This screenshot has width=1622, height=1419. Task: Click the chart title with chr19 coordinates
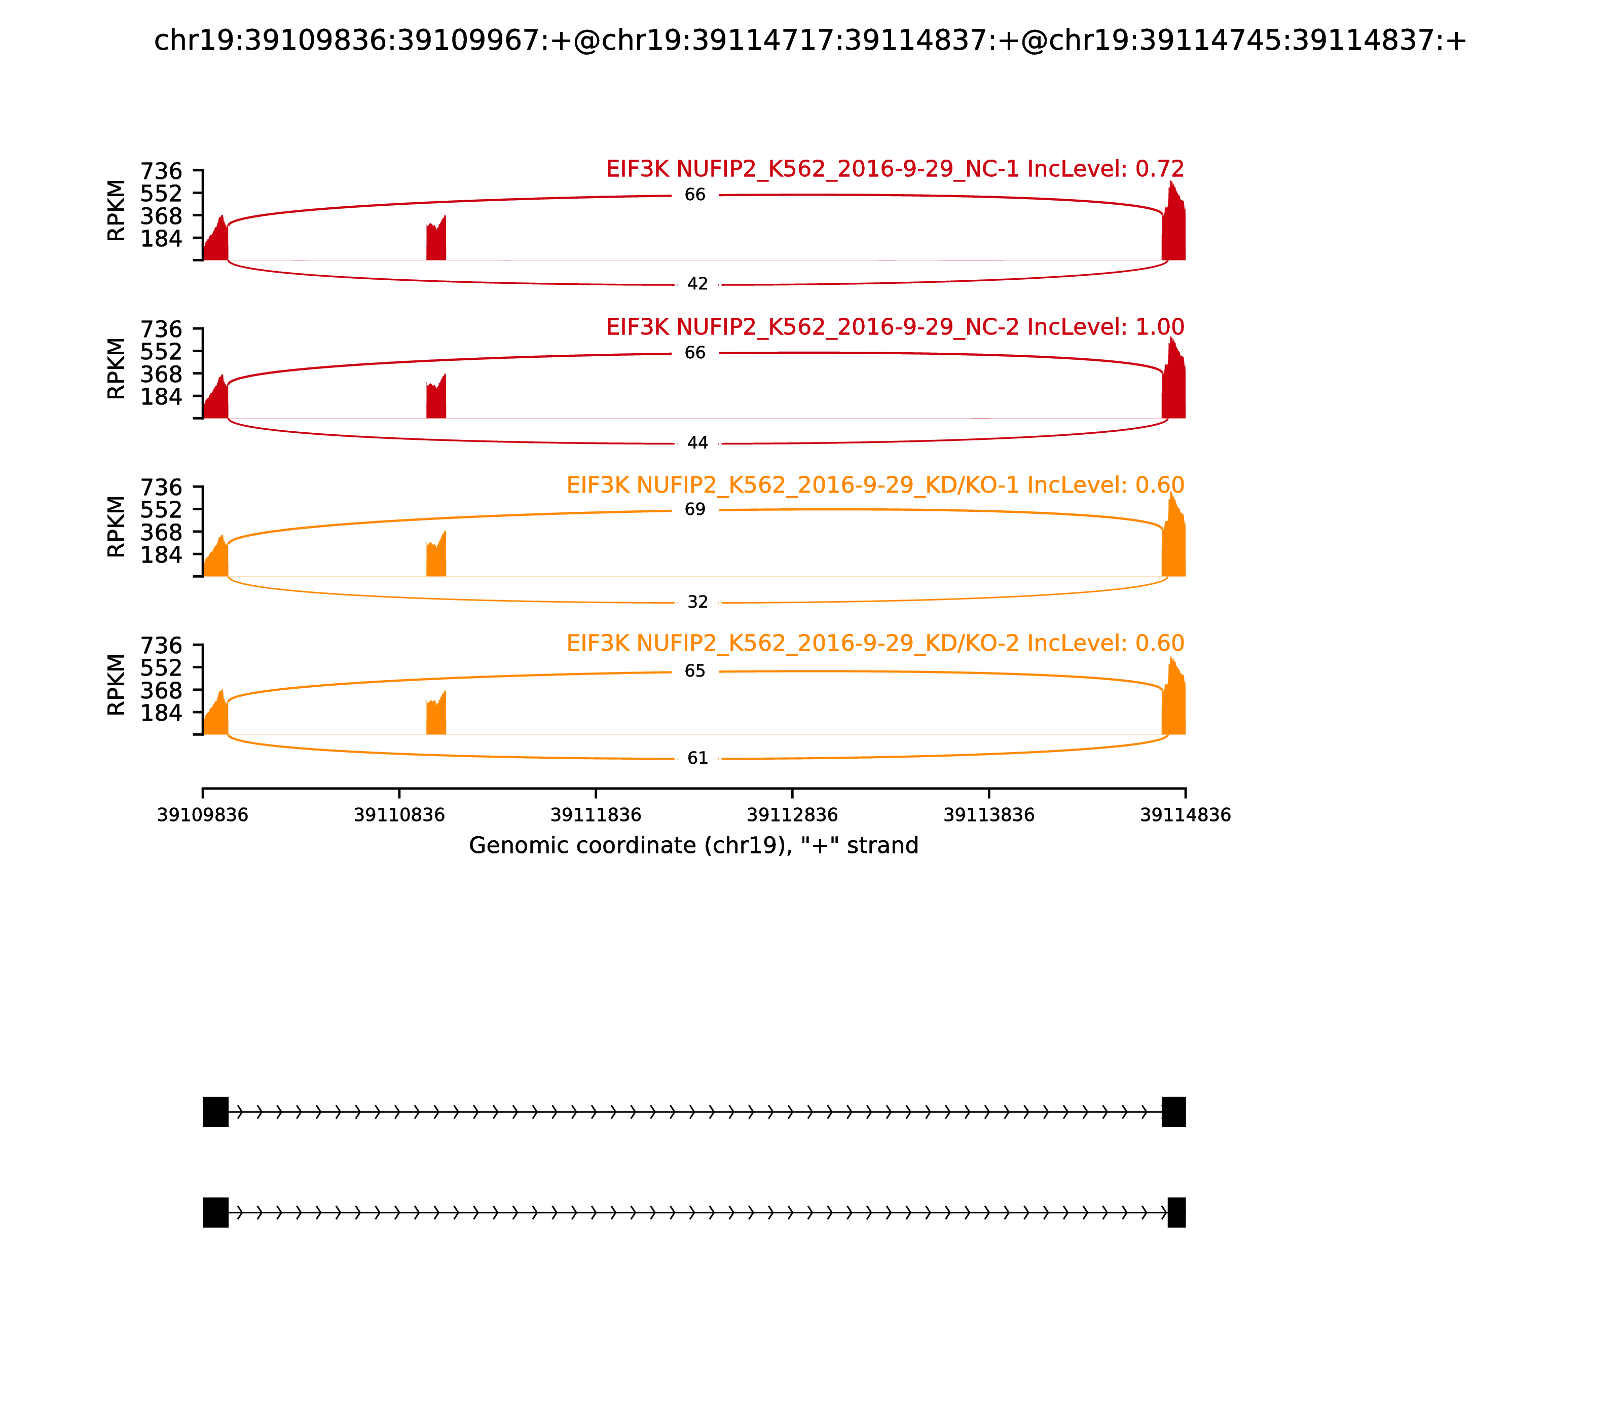[x=810, y=41]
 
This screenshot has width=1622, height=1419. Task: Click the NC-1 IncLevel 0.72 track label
[x=895, y=169]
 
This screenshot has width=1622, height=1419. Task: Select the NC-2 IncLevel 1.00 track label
[x=895, y=327]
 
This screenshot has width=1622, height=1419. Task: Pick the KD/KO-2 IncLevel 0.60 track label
[x=875, y=643]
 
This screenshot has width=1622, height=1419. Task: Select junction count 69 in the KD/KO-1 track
[x=694, y=510]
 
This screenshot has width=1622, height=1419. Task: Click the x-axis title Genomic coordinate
[x=694, y=846]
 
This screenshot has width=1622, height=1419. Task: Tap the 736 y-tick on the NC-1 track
[x=162, y=171]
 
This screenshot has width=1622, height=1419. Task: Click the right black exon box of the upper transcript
[x=1174, y=1112]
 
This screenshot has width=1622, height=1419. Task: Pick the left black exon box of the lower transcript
[x=215, y=1212]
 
